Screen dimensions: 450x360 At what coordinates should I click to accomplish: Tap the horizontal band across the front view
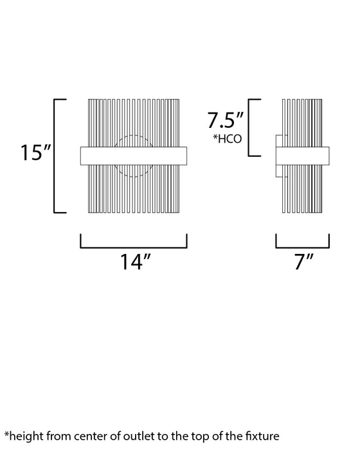[x=133, y=156]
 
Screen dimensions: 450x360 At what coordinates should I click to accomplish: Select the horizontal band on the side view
[x=301, y=156]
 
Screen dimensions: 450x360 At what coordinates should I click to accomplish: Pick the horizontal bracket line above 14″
[x=133, y=247]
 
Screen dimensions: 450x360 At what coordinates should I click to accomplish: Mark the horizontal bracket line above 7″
[x=302, y=247]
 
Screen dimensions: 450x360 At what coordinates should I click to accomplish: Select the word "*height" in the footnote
[x=24, y=436]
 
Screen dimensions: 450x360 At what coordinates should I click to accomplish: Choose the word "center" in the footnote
[x=85, y=436]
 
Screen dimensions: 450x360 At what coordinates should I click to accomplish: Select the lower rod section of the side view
[x=302, y=190]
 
